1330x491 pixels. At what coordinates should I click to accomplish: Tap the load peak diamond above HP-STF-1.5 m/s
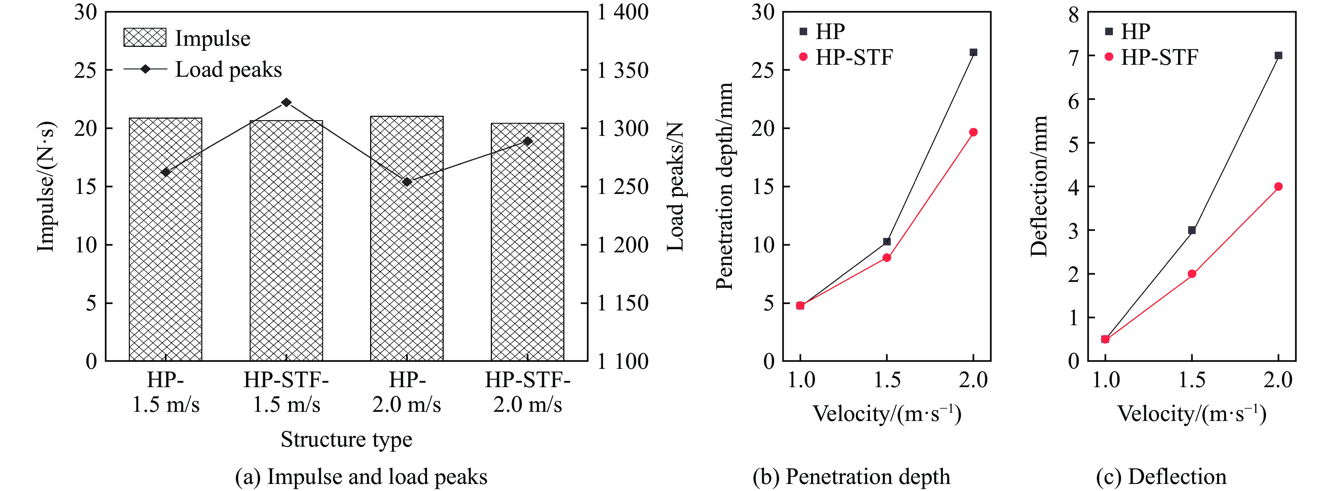tap(286, 102)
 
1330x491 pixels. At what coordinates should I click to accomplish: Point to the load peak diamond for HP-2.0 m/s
tap(407, 182)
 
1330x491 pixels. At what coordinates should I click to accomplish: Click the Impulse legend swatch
tap(145, 38)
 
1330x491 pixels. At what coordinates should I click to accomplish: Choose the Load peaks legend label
tap(228, 70)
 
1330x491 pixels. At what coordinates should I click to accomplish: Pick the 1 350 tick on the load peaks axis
tap(622, 70)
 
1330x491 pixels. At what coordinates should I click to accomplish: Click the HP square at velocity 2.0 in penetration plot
tap(973, 52)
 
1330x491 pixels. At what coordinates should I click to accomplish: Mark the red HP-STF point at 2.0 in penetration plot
tap(973, 132)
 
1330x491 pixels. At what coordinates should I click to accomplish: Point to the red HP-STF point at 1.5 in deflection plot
tap(1192, 273)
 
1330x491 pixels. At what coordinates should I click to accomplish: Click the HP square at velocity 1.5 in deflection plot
tap(1192, 230)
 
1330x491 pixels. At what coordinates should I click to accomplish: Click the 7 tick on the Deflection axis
tap(1073, 55)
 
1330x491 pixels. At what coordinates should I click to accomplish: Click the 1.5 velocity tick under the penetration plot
tap(887, 380)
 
